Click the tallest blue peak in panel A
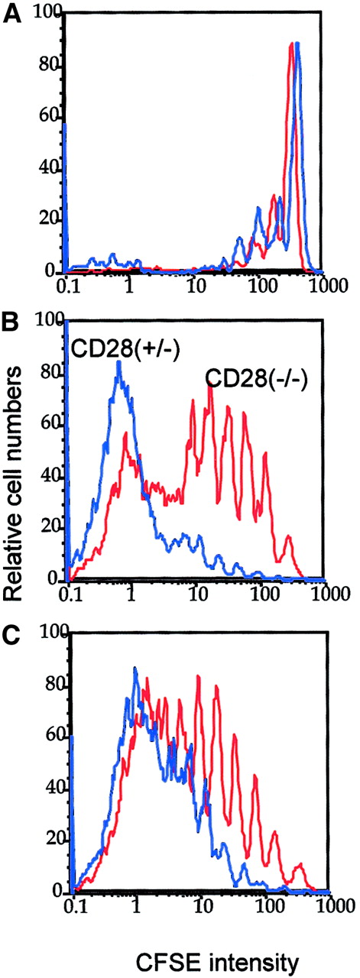[x=297, y=44]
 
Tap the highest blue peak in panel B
[x=118, y=362]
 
